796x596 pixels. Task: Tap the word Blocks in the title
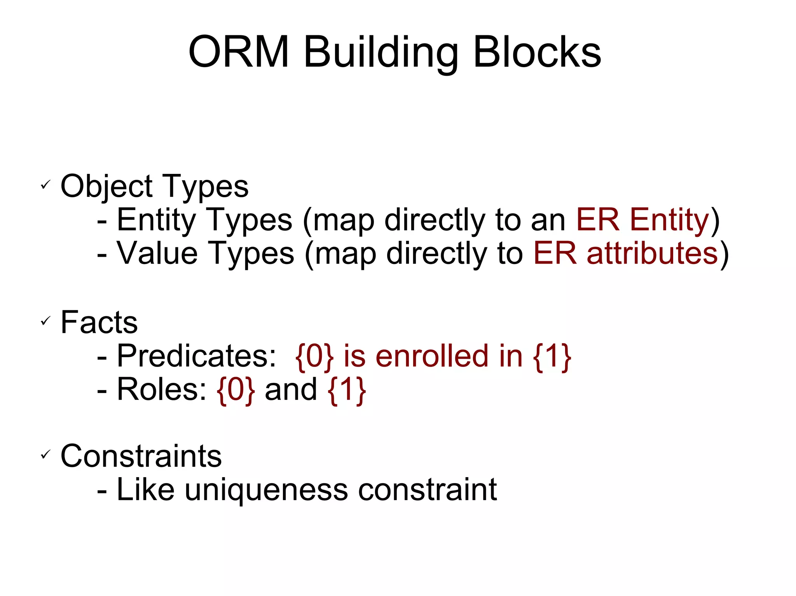click(537, 52)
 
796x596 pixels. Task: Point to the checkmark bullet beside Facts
click(46, 321)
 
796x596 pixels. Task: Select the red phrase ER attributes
click(625, 253)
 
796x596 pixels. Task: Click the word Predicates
click(196, 356)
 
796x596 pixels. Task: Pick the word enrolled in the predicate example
click(432, 356)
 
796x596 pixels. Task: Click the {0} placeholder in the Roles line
click(236, 389)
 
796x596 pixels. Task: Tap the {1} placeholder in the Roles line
click(347, 389)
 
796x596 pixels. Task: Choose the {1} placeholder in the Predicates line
click(552, 356)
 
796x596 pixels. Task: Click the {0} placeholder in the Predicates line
click(314, 356)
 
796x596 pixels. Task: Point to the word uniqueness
click(266, 490)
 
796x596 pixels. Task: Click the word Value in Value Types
click(157, 253)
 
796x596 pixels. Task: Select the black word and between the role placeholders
click(291, 389)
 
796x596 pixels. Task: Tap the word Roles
click(161, 389)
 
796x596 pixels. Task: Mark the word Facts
click(99, 322)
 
